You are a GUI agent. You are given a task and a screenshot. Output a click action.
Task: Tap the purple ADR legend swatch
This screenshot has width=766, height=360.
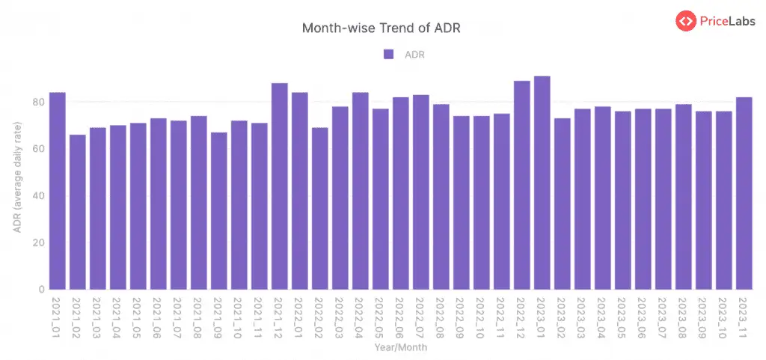388,54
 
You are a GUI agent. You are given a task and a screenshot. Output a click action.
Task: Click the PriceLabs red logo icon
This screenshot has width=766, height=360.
685,22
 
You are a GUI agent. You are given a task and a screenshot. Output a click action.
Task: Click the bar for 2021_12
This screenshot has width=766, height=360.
280,186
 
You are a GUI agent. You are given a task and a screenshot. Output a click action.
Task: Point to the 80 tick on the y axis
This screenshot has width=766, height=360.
37,102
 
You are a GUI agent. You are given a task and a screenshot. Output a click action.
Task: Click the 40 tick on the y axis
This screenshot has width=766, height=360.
37,196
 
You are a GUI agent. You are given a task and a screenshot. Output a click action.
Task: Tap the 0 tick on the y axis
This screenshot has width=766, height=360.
40,290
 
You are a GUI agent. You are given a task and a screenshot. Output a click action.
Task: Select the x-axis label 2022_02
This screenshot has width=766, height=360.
319,317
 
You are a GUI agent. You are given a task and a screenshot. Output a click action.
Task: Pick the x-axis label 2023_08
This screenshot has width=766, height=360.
682,317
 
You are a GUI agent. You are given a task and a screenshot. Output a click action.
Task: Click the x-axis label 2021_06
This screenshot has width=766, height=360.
158,317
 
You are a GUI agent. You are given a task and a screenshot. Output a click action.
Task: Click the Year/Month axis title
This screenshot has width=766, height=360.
400,347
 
